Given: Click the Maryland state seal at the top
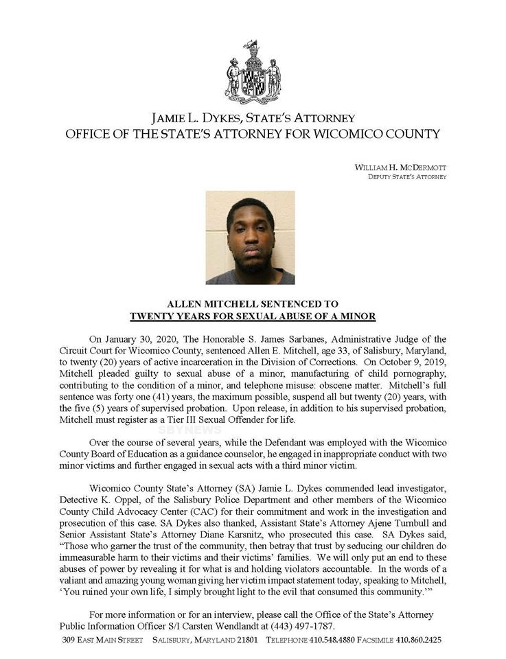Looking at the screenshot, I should point(252,72).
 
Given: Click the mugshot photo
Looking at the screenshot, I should point(250,238).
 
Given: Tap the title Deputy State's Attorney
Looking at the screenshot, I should point(407,177).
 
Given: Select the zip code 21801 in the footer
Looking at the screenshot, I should point(245,640).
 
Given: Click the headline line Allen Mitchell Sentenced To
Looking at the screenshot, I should point(253,303).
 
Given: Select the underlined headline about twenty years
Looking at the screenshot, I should point(253,316).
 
